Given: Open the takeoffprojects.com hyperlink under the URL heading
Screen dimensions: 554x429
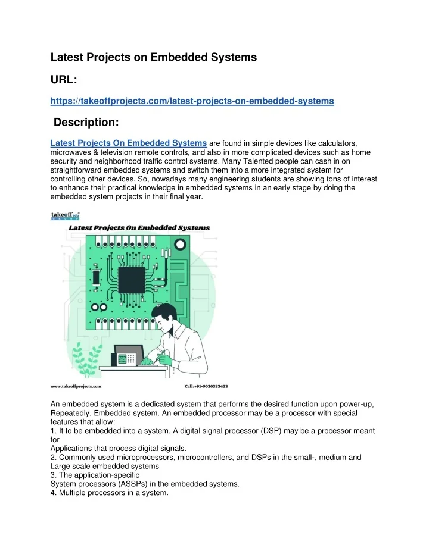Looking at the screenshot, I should coord(191,102).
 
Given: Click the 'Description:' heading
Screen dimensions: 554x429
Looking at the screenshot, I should coord(86,123).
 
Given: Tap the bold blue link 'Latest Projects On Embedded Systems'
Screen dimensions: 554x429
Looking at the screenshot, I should coord(128,143).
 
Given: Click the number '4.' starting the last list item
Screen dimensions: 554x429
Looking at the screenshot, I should coord(54,493).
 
